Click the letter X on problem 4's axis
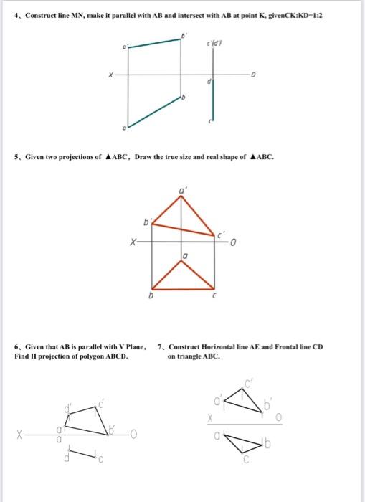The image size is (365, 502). (x=110, y=73)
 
